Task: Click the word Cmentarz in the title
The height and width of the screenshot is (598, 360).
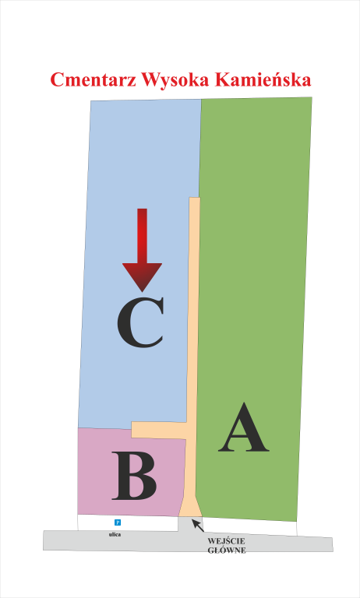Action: point(94,80)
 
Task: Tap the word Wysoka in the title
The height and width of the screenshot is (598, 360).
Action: point(175,80)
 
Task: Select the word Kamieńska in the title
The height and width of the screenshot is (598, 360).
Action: point(263,79)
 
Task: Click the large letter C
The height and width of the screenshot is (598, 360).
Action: point(141,322)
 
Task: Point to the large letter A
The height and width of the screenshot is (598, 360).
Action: point(244,427)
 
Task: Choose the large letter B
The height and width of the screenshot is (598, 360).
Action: point(134,476)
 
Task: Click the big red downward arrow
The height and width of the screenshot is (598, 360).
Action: point(142,250)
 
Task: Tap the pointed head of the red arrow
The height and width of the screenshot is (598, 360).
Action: point(142,278)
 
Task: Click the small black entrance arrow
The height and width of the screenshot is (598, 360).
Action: point(198,525)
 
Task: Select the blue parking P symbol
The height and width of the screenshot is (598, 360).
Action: point(118,522)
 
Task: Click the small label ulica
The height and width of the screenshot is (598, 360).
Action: point(115,535)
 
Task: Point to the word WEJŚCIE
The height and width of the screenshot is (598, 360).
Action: point(227,541)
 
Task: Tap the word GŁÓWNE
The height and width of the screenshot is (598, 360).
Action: point(227,551)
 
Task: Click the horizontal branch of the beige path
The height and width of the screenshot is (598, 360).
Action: point(159,430)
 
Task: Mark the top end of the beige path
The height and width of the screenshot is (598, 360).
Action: point(195,198)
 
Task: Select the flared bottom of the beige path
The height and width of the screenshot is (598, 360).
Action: point(190,506)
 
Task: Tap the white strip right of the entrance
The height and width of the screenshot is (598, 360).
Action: point(250,526)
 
